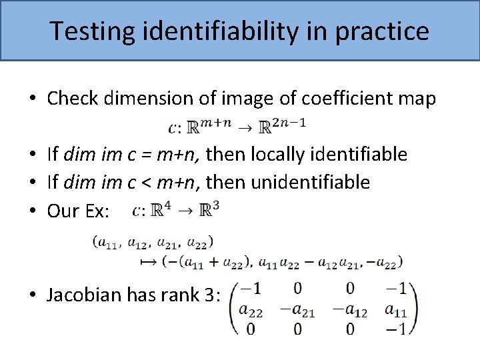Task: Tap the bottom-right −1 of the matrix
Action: click(398, 329)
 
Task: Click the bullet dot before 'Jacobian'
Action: click(33, 296)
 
